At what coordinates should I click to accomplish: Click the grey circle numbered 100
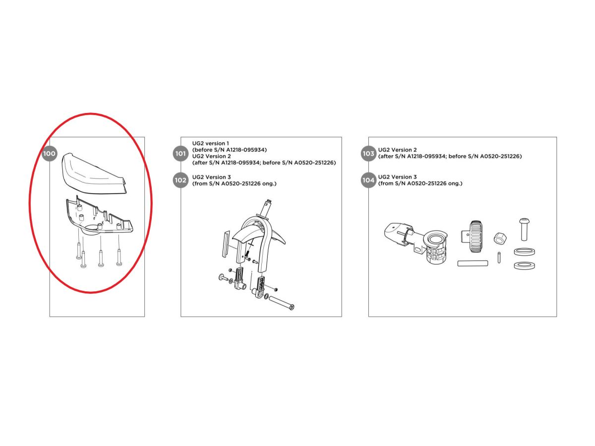(x=49, y=154)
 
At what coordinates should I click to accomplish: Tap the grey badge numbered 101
(x=180, y=154)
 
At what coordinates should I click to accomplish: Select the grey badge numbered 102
(x=180, y=180)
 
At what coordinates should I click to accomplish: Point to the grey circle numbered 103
(x=368, y=154)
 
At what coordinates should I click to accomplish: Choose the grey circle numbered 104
(x=368, y=180)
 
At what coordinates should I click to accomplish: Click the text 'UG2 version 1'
(x=210, y=143)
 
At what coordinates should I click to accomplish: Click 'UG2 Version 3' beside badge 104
(x=397, y=177)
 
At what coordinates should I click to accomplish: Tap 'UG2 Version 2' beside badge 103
(x=397, y=150)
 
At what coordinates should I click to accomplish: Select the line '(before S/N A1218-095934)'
(x=230, y=150)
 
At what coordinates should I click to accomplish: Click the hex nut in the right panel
(x=500, y=238)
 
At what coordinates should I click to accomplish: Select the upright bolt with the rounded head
(x=524, y=229)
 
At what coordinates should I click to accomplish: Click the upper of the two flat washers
(x=524, y=252)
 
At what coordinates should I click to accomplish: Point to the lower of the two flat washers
(x=524, y=266)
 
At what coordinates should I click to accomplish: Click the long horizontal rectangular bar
(x=473, y=263)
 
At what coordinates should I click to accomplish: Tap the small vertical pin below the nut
(x=499, y=257)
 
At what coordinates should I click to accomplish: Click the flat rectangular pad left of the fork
(x=226, y=244)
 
